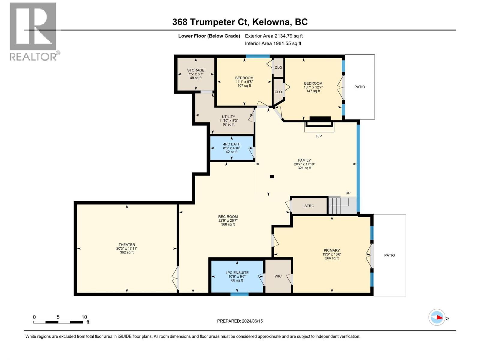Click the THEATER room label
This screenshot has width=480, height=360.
pos(127,244)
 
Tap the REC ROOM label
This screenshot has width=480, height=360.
pos(228,217)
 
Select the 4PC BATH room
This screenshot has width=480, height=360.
pos(232,148)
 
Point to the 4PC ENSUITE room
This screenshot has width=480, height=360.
pos(237,276)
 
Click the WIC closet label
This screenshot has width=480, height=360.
pos(278,276)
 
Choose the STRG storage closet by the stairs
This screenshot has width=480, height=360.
pos(309,206)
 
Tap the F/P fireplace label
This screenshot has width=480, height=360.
pos(319,136)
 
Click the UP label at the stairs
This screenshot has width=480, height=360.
pos(348,193)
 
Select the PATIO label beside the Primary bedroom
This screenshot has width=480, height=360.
pos(389,255)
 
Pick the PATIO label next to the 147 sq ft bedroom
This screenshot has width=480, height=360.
pos(359,87)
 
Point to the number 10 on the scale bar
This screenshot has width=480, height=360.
pos(84,317)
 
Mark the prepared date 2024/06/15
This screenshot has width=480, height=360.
pos(252,321)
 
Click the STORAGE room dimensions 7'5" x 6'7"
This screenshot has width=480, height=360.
pos(196,74)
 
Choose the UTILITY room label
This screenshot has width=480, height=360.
pos(229,117)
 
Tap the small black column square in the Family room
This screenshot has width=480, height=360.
pos(272,177)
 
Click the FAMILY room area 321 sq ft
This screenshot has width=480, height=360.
pos(304,168)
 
